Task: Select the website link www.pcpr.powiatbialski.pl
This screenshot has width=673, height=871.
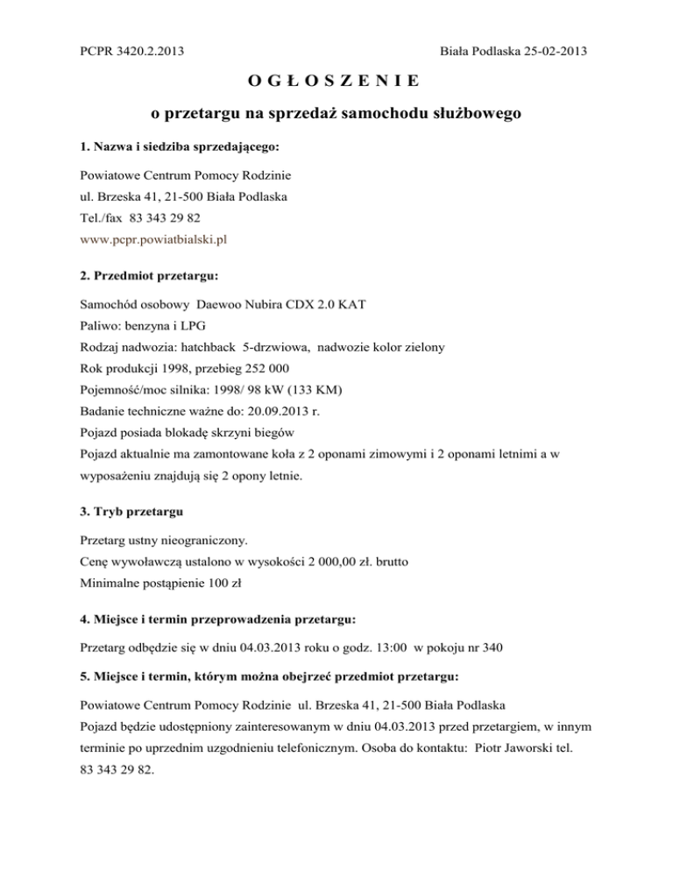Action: click(154, 237)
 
